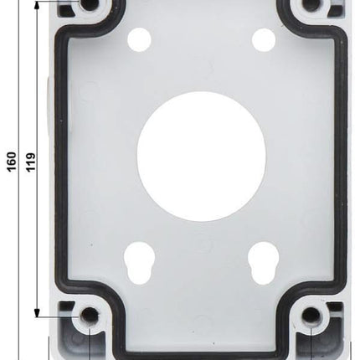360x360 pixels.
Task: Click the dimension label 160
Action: coord(11,160)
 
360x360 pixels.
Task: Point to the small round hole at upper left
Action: coord(140,39)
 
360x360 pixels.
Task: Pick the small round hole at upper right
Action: coord(263,39)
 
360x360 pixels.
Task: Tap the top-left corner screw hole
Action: coord(90,6)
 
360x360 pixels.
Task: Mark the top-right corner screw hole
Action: coord(311,6)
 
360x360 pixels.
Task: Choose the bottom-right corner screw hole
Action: coord(311,316)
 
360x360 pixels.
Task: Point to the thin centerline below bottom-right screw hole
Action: coord(311,345)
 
